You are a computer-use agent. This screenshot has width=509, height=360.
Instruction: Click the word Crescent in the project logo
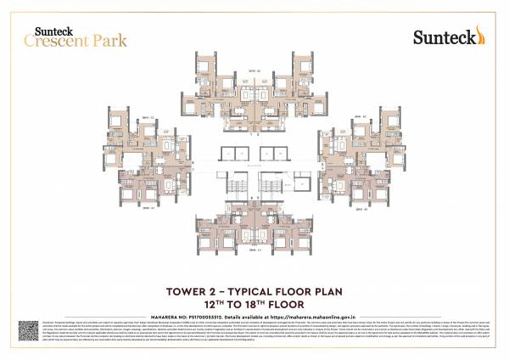(60, 40)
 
